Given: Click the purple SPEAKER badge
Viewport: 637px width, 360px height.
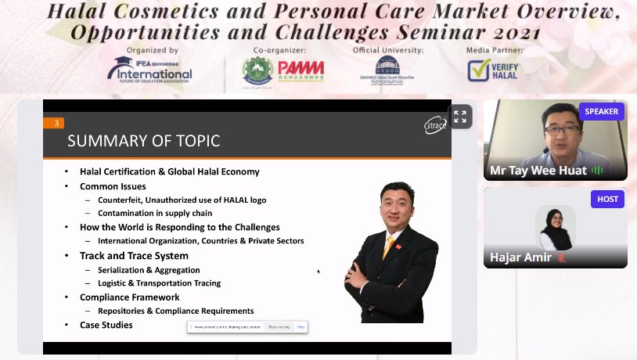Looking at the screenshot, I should click(x=601, y=111).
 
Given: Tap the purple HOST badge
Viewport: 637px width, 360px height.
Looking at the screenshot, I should click(x=607, y=199).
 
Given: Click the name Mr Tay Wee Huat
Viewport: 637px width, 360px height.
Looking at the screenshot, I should click(x=538, y=171).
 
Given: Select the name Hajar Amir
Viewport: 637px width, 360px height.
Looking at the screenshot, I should click(x=520, y=257).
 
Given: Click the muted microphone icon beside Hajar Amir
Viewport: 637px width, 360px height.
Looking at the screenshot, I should click(x=561, y=257).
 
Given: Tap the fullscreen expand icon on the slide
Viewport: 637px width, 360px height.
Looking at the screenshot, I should click(x=460, y=117).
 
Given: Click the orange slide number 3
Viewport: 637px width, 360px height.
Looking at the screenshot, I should click(x=53, y=123).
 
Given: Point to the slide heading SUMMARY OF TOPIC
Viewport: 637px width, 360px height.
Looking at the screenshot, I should click(x=143, y=141).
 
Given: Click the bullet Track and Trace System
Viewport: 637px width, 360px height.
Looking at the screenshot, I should click(x=134, y=255).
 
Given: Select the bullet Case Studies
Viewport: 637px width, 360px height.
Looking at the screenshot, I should click(x=106, y=325).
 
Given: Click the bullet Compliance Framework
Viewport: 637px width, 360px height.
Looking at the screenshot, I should click(x=130, y=297).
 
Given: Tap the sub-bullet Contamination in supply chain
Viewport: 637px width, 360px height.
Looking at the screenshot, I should click(x=155, y=213).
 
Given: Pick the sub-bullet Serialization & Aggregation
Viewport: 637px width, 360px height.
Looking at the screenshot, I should click(x=149, y=270).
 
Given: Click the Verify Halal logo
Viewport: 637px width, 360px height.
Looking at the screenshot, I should click(x=493, y=70).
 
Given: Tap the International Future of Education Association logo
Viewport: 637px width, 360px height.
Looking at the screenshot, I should click(x=149, y=70).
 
